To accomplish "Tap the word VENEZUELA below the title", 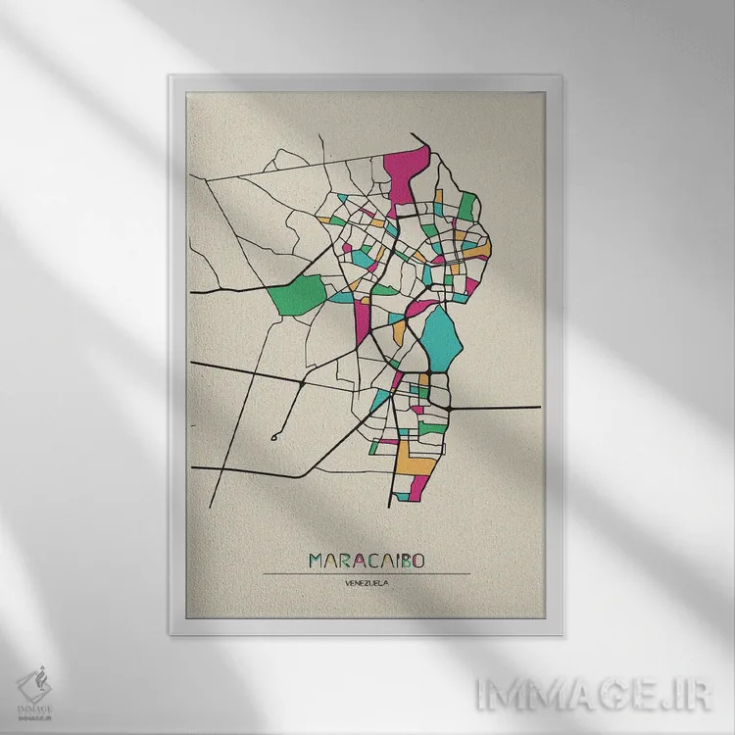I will [367, 585].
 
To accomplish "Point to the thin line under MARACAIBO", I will [367, 573].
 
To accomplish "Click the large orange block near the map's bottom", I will [412, 452].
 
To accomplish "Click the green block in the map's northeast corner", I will [467, 207].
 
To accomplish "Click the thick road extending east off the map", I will [500, 406].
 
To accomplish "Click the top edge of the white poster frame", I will [367, 74].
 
